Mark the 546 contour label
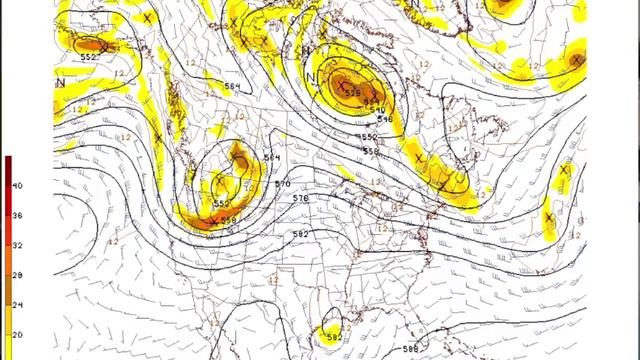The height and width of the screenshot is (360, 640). click(x=384, y=119)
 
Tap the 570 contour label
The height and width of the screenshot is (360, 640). click(x=282, y=184)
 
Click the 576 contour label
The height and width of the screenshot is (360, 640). click(x=301, y=199)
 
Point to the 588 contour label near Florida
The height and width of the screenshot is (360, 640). click(x=409, y=348)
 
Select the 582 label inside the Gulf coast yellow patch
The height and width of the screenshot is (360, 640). click(x=333, y=337)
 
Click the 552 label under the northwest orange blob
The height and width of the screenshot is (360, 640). click(x=90, y=56)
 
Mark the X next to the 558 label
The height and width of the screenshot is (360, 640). click(x=213, y=220)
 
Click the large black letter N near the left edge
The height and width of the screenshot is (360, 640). click(x=61, y=84)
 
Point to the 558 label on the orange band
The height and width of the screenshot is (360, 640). click(x=228, y=220)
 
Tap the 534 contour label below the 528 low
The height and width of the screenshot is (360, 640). click(x=372, y=100)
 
